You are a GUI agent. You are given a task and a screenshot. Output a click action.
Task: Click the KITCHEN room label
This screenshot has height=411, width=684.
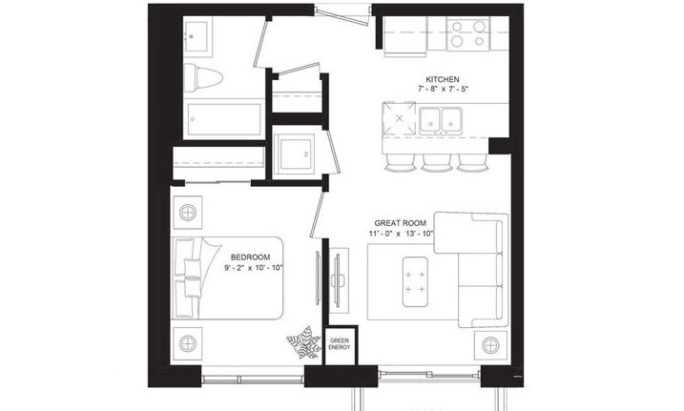(x=443, y=79)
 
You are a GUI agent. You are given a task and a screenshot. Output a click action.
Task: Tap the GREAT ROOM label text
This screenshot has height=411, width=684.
(x=400, y=223)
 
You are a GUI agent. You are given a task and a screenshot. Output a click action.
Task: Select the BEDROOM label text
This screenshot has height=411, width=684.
(x=250, y=257)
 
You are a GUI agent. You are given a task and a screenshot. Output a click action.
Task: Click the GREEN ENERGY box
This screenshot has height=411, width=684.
(x=340, y=344)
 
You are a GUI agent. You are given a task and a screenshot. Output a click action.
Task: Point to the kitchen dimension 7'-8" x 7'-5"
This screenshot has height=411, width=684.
(x=443, y=89)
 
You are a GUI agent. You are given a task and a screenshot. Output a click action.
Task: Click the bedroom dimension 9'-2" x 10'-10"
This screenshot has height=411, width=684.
(x=254, y=268)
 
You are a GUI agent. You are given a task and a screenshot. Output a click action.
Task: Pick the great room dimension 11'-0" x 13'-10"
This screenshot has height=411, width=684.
(x=402, y=234)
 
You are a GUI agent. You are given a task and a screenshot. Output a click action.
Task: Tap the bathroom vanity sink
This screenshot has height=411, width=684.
(x=197, y=36)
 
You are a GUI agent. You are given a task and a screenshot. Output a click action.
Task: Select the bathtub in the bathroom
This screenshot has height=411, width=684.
(x=224, y=119)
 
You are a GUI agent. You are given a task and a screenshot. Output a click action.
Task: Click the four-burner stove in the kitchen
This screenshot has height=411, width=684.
(x=468, y=34)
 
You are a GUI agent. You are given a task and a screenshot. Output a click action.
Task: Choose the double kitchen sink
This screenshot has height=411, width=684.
(x=441, y=121)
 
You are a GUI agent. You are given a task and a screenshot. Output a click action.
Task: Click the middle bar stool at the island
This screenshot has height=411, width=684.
(x=436, y=162)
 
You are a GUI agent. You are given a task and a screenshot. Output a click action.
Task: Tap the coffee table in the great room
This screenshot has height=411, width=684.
(x=415, y=281)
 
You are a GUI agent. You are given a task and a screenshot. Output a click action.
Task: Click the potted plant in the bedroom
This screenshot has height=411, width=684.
(x=303, y=342)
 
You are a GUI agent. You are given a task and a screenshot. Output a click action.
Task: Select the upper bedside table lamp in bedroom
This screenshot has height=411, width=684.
(x=188, y=213)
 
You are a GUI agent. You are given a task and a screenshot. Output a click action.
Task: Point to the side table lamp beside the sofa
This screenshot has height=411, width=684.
(x=490, y=345)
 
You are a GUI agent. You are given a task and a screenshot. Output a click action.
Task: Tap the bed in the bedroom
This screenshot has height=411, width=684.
(x=228, y=278)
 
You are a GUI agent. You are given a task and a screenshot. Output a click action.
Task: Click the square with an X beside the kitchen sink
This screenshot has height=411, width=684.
(x=399, y=118)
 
